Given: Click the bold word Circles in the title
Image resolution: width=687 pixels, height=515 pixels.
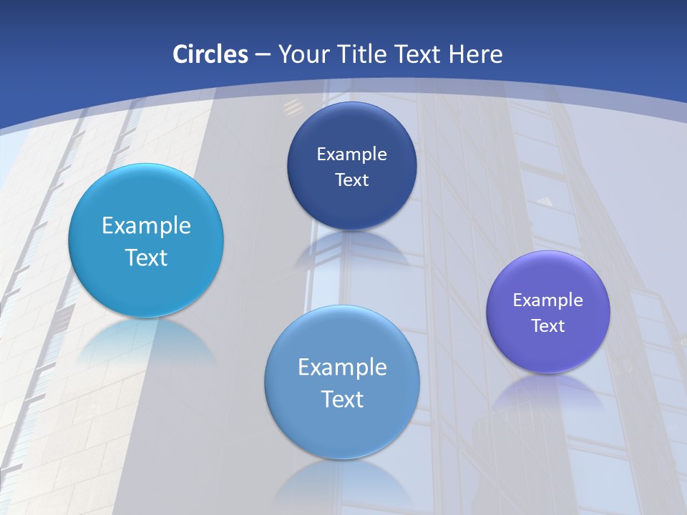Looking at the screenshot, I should [210, 54].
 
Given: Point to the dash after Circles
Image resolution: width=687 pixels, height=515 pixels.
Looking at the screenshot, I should [263, 55].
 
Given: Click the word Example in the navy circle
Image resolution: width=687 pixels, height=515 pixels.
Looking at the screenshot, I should [351, 154].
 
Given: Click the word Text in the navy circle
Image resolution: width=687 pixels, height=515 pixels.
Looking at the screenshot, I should [351, 180].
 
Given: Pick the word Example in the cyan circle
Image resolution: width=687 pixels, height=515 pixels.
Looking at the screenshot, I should [146, 225].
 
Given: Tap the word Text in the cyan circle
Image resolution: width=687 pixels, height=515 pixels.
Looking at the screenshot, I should [146, 257].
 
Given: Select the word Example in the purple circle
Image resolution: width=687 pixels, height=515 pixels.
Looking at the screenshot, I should [548, 300].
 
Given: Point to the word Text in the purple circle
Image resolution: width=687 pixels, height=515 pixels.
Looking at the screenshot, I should [548, 325].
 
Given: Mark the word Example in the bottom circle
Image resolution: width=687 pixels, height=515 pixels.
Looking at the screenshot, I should [342, 367].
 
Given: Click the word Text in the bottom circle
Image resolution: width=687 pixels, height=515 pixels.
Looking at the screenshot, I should [342, 399].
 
